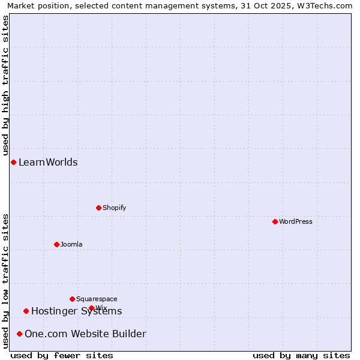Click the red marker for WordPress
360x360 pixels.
[275, 222]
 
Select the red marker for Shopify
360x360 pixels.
[99, 208]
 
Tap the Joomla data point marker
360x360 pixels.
[57, 245]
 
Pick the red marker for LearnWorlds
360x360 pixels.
[13, 163]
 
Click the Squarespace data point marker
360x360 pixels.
[73, 299]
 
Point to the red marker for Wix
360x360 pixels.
[92, 308]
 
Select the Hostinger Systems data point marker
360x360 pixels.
[26, 311]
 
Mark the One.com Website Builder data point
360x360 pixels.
[20, 334]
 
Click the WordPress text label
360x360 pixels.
[296, 222]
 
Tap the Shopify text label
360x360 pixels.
[115, 208]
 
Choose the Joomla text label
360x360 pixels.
[71, 245]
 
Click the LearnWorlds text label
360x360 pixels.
[48, 163]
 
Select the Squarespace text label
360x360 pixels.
[97, 299]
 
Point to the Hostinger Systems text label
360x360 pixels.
[76, 311]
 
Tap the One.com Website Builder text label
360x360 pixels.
[85, 334]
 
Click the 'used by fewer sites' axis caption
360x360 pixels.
[62, 356]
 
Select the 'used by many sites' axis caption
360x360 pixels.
[301, 356]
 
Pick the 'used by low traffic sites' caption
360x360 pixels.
[6, 281]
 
